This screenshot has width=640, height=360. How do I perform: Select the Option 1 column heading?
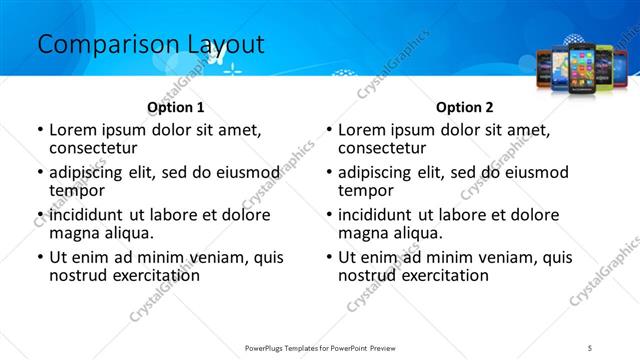tap(175, 107)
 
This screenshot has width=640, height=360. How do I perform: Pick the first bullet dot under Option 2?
tap(329, 130)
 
